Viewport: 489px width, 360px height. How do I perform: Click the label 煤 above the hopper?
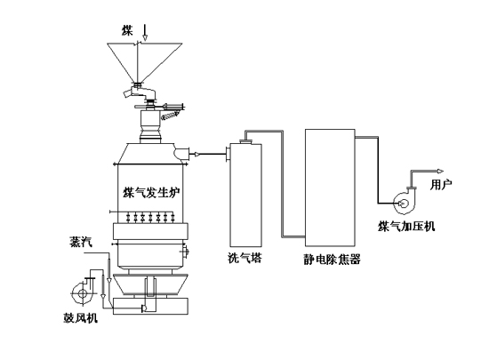(127, 30)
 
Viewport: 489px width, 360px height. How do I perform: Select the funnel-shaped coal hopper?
(145, 62)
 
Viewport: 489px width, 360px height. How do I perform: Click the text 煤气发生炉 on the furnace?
(151, 192)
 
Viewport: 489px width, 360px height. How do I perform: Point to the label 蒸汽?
(81, 242)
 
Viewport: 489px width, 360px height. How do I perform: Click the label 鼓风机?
(80, 318)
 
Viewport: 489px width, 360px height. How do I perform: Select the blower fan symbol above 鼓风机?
(82, 290)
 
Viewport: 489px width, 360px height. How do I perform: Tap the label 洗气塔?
(244, 258)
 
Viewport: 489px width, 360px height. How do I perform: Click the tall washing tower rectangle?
(245, 195)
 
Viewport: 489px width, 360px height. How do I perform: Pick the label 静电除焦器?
(332, 259)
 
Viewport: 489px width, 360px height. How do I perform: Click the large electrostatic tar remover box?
(330, 188)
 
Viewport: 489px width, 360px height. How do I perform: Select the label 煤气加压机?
(406, 227)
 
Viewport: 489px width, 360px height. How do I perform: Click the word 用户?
(441, 185)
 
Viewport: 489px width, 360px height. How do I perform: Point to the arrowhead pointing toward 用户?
(440, 171)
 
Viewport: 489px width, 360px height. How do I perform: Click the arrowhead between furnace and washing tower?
(196, 154)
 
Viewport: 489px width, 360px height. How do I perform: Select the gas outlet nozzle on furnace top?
(181, 153)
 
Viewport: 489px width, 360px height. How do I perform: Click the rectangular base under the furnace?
(150, 306)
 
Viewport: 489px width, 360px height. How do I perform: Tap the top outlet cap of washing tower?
(246, 142)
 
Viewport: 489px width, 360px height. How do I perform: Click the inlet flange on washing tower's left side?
(228, 155)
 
